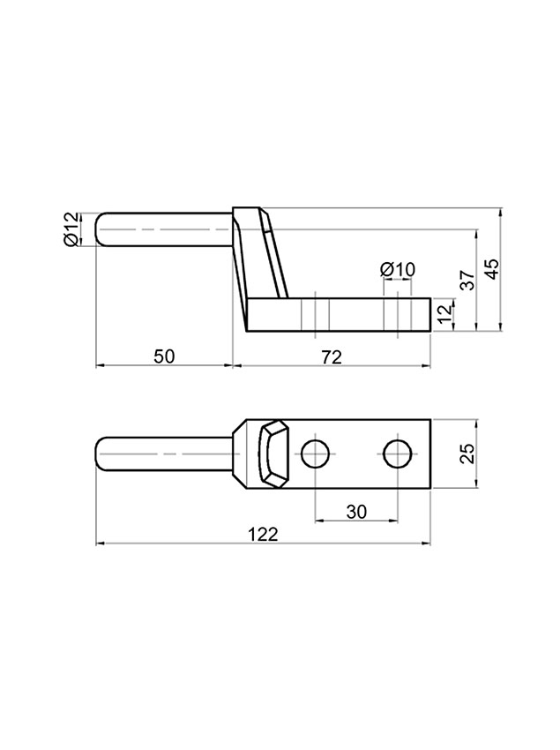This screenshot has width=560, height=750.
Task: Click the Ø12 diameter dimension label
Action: point(71,229)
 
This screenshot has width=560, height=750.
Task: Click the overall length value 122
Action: point(263,534)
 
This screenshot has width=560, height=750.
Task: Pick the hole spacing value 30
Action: point(356,510)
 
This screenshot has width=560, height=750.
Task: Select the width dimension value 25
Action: point(467,453)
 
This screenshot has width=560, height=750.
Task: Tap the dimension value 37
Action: point(467,280)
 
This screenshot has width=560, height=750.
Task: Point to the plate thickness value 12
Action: point(444,310)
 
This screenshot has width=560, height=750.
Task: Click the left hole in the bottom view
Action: point(316,454)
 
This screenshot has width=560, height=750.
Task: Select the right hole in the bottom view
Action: point(398,454)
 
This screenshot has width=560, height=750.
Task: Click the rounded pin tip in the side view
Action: point(101,229)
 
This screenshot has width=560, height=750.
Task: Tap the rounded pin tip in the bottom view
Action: point(101,454)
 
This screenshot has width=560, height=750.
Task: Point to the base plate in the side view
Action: point(353,316)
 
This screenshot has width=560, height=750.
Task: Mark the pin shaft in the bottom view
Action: point(168,454)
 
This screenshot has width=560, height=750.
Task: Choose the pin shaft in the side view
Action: point(168,229)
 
